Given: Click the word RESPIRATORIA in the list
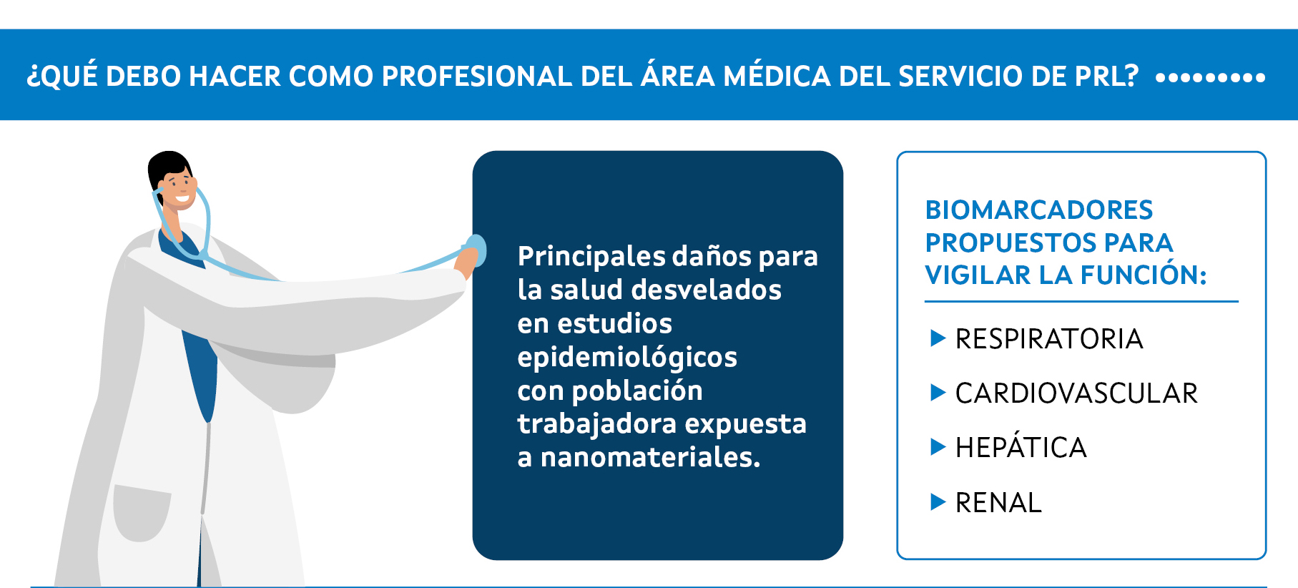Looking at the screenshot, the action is pyautogui.click(x=1049, y=339).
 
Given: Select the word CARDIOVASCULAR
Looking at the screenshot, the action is pyautogui.click(x=1076, y=393).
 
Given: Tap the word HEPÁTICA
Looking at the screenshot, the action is pyautogui.click(x=1021, y=447).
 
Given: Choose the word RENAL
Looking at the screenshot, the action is pyautogui.click(x=998, y=503).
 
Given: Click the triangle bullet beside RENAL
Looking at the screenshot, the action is pyautogui.click(x=938, y=502).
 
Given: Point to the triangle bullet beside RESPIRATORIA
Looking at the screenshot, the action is pyautogui.click(x=938, y=338).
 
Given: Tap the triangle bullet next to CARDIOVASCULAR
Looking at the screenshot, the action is pyautogui.click(x=938, y=393).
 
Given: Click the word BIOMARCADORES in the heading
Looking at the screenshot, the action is pyautogui.click(x=1039, y=210).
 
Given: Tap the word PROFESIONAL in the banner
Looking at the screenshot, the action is pyautogui.click(x=477, y=77).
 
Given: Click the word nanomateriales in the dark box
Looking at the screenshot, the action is pyautogui.click(x=650, y=457).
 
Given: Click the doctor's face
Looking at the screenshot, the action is pyautogui.click(x=178, y=187).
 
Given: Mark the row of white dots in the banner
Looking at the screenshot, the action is pyautogui.click(x=1210, y=77).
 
